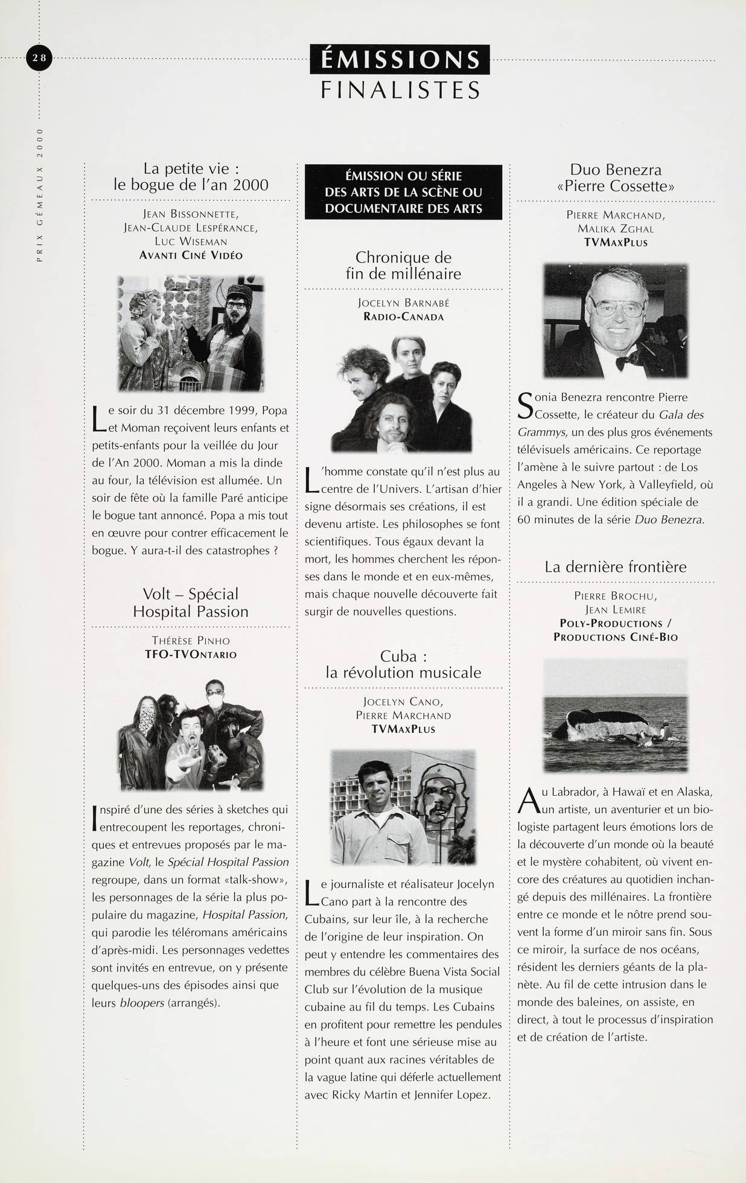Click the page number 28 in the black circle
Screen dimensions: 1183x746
tap(40, 58)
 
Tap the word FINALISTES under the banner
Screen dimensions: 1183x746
tap(400, 90)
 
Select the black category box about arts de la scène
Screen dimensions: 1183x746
tap(403, 192)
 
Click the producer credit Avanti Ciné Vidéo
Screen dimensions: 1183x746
tap(191, 255)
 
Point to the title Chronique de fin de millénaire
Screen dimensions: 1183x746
tap(403, 265)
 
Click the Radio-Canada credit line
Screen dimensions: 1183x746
tap(403, 317)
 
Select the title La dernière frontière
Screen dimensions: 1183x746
tap(616, 567)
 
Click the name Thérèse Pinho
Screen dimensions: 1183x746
tap(191, 641)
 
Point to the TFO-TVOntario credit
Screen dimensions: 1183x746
tap(191, 654)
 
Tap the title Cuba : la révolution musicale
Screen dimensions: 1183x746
tap(403, 664)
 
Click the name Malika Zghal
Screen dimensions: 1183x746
tap(616, 229)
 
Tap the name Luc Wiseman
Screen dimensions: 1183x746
tap(191, 241)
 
